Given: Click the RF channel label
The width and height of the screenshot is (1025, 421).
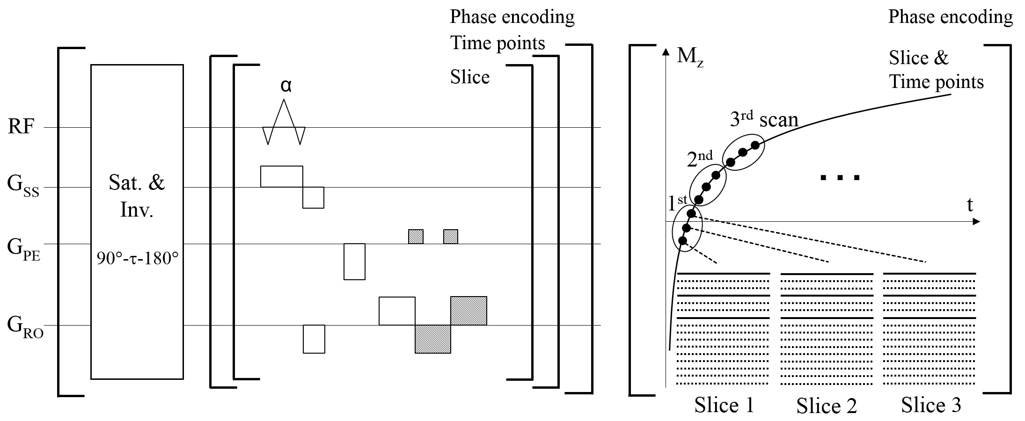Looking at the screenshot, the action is (21, 127).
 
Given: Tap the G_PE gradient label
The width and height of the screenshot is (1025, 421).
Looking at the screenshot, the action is (23, 246).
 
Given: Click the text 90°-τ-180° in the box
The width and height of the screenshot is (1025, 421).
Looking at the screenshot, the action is (137, 258).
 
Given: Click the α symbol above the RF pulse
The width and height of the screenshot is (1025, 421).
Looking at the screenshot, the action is (286, 86).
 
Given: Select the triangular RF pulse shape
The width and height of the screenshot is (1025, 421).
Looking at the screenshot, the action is (284, 123).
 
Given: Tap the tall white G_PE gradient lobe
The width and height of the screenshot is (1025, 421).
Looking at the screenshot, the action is (354, 261).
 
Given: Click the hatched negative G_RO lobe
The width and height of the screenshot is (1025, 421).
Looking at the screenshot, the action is (433, 339).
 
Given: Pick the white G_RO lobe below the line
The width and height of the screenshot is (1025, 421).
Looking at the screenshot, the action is (314, 339).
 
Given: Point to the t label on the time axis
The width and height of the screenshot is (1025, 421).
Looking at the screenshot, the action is (970, 205).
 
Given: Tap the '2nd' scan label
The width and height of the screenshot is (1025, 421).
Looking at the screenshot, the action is (700, 159).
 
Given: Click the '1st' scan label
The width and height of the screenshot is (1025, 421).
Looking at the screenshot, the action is (677, 203).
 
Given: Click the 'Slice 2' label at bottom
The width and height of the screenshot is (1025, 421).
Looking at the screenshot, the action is (827, 405).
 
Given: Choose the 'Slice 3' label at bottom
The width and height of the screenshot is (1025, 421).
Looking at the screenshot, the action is (931, 405).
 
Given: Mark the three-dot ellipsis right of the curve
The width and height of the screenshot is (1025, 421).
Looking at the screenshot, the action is (841, 177).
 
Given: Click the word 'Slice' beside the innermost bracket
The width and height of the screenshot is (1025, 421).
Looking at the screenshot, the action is (470, 77).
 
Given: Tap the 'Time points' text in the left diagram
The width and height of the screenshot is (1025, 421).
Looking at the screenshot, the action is (498, 44).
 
